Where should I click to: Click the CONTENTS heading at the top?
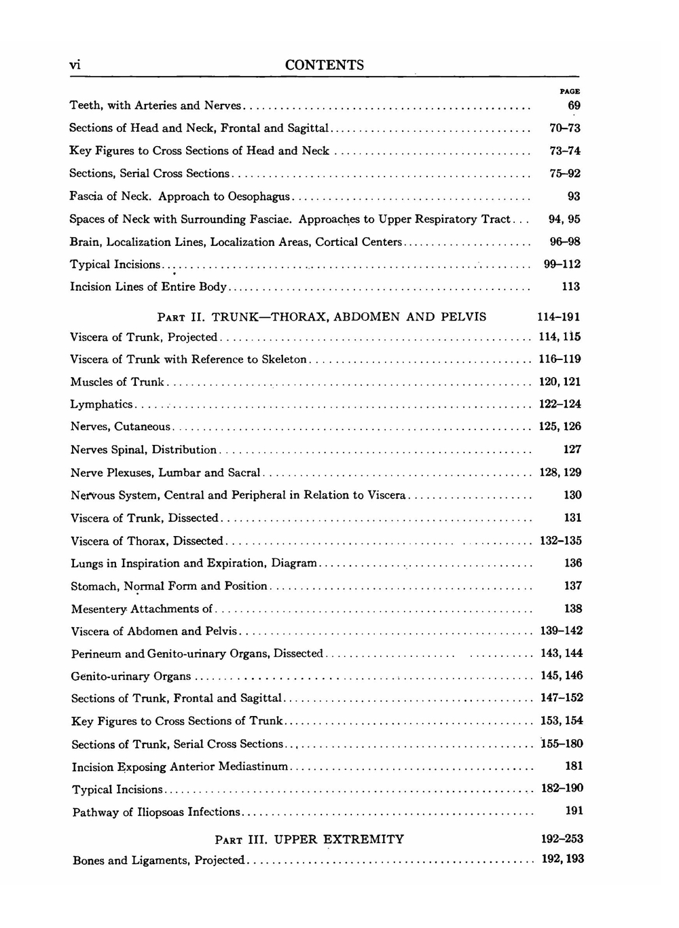coord(325,65)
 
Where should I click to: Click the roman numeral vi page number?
coord(75,65)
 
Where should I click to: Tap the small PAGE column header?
coord(570,91)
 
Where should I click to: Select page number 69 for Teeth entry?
coord(574,105)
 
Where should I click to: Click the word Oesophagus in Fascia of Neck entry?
coord(259,196)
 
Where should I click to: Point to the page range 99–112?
coord(562,264)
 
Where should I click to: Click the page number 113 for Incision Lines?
coord(570,287)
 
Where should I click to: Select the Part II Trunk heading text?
coord(322,317)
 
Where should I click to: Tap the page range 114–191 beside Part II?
coord(559,317)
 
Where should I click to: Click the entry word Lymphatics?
coord(102,404)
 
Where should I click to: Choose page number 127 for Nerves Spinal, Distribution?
coord(572,449)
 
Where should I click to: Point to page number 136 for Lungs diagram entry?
coord(573,563)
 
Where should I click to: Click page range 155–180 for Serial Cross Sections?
coord(562,744)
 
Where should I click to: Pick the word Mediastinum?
coord(253,766)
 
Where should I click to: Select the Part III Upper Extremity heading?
coord(309,839)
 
